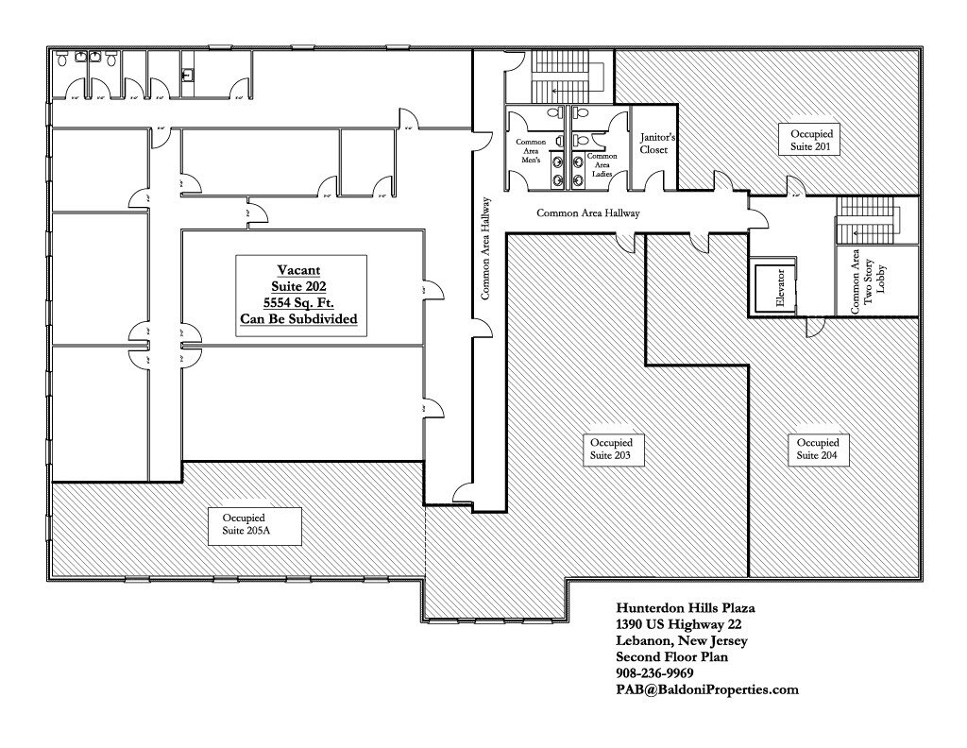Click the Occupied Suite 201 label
[x=811, y=140]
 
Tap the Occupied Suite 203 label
[x=604, y=450]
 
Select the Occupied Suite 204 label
[x=817, y=450]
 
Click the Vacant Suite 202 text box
[x=299, y=295]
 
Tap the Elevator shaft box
[x=774, y=287]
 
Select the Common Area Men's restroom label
[x=531, y=151]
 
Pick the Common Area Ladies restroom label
[x=602, y=164]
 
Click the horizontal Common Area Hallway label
[x=588, y=213]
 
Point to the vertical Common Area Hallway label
[x=485, y=248]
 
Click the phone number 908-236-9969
[x=654, y=673]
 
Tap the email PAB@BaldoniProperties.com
[x=706, y=689]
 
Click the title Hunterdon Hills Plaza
[x=685, y=609]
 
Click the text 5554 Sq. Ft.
[x=299, y=303]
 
